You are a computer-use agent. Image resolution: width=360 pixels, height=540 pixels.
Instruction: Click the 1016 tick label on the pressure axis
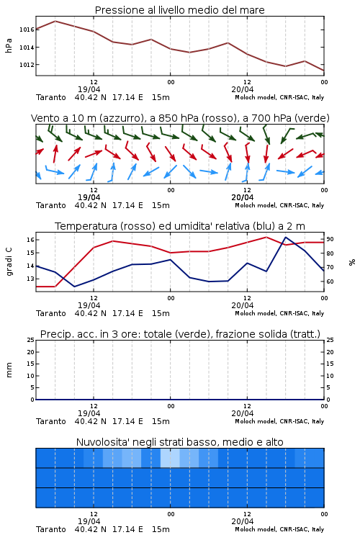click(x=27, y=30)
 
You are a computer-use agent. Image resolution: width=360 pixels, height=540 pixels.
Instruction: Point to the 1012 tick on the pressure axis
click(x=27, y=65)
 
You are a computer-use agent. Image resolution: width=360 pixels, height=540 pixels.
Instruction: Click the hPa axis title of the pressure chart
click(x=9, y=45)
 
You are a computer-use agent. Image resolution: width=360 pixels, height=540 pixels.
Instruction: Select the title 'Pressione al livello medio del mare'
click(x=180, y=10)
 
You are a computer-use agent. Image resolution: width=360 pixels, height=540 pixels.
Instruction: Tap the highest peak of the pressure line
click(x=55, y=21)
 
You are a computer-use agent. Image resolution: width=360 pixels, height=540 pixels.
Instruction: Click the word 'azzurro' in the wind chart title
click(x=121, y=118)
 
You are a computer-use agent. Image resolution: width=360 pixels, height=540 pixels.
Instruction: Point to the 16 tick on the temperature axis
click(x=30, y=240)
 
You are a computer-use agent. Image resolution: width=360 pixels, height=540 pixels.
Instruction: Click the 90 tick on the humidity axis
click(x=330, y=239)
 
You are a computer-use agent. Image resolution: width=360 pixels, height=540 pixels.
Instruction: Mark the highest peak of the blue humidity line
click(x=286, y=237)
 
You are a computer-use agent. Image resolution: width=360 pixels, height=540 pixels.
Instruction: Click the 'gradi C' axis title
click(x=9, y=262)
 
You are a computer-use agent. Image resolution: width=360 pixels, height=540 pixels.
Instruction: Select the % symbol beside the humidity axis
click(x=352, y=262)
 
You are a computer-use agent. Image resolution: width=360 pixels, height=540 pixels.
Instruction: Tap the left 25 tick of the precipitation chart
click(x=31, y=340)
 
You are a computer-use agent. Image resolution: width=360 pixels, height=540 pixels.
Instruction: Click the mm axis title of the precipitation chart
click(x=9, y=370)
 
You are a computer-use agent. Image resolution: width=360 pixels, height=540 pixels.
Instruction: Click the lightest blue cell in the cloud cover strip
click(x=170, y=458)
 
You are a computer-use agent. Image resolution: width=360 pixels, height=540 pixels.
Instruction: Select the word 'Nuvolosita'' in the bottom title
click(x=99, y=442)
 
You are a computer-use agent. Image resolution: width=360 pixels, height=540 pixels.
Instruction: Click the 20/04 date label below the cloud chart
click(x=243, y=521)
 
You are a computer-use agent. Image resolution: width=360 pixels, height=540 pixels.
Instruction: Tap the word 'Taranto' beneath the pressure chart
click(x=51, y=97)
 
